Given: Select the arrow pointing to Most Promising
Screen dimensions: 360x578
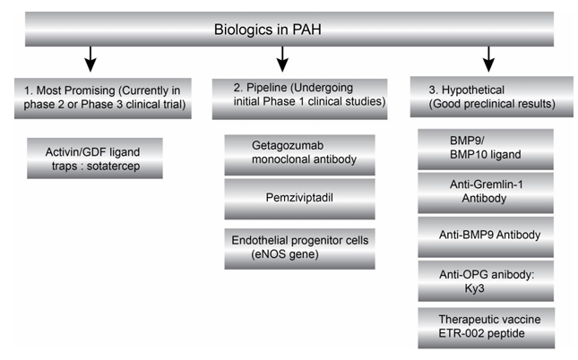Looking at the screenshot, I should click(90, 61).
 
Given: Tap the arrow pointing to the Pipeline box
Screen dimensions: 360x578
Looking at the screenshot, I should click(283, 61).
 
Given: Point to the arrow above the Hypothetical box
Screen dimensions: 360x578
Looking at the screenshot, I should click(488, 61).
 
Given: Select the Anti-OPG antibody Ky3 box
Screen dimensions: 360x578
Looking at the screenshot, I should click(487, 281).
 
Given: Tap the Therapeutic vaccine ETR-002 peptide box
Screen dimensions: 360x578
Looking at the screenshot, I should click(487, 328).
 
